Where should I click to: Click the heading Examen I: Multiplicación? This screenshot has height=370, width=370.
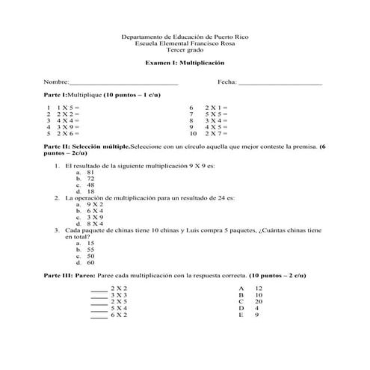185,64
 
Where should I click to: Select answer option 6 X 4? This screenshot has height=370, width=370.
94,211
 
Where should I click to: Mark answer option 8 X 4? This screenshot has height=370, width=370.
94,223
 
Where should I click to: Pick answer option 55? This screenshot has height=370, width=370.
90,250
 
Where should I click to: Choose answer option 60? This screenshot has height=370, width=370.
90,262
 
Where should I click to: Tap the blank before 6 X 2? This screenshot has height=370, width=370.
99,315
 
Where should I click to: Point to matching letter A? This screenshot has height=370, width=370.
241,288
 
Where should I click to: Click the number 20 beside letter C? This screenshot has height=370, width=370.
259,301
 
